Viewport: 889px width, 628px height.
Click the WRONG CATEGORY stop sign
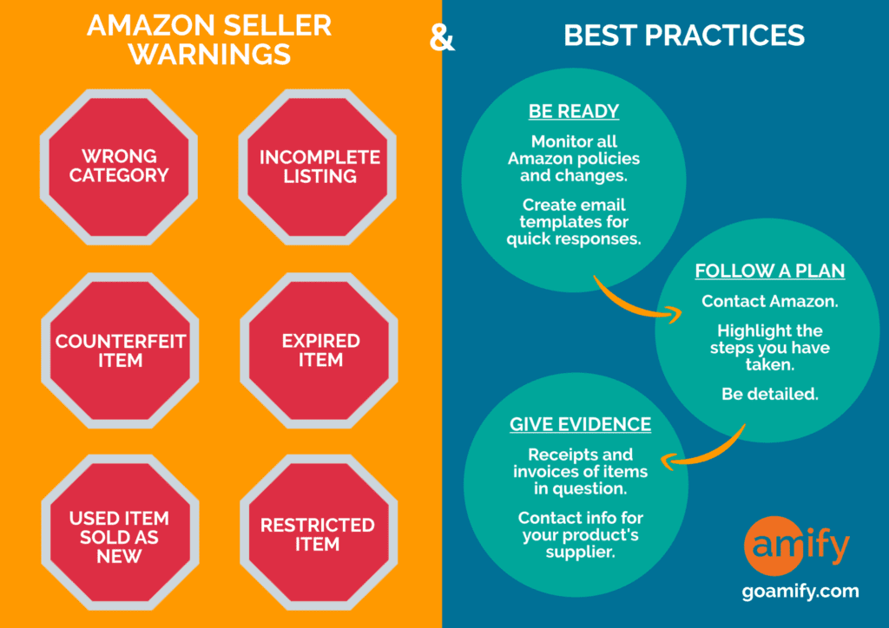119,167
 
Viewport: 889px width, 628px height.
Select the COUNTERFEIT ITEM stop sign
120,350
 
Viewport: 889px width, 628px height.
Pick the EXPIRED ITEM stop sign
319,350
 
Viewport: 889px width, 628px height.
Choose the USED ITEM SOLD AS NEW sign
120,533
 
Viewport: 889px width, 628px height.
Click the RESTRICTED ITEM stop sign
319,533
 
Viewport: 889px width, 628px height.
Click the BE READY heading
574,111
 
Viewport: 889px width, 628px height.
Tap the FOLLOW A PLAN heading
770,271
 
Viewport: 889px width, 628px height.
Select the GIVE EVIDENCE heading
580,424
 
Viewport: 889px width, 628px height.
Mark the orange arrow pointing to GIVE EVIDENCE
708,453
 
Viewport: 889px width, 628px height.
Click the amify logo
797,546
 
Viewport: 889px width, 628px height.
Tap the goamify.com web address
800,592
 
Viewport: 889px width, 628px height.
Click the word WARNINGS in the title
210,55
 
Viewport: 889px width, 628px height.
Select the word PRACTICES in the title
725,35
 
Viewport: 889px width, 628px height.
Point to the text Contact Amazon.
770,301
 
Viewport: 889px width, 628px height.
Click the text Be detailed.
770,394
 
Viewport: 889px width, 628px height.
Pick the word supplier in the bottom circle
580,553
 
